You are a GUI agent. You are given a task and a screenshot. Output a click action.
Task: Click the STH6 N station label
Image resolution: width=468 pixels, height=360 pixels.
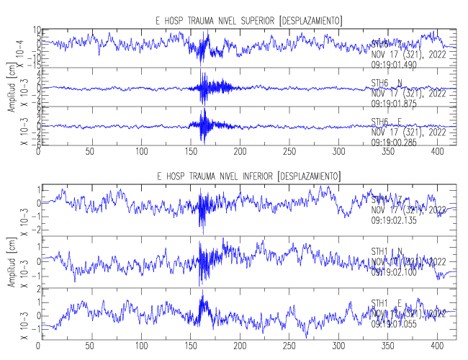387,83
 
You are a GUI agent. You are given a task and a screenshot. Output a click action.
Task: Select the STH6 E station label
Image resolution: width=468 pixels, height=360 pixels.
387,121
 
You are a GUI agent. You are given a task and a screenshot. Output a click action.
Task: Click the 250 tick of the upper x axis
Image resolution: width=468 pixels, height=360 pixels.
289,153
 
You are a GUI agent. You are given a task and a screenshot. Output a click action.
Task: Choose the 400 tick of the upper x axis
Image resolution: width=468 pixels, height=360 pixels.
438,153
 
